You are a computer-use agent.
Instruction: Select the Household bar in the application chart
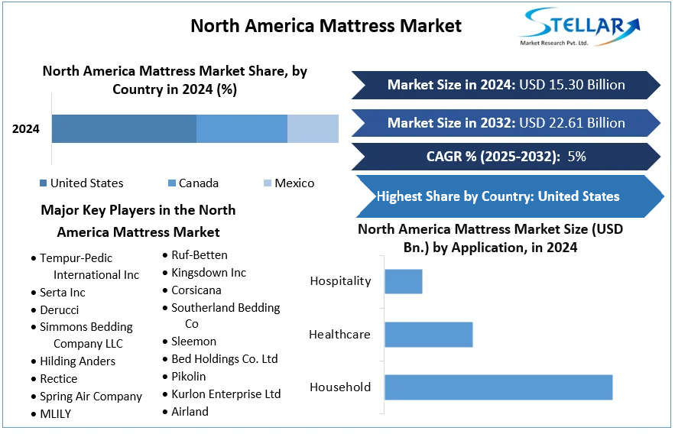click(498, 387)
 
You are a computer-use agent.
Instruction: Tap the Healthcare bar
click(428, 334)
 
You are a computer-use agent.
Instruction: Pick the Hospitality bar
click(403, 281)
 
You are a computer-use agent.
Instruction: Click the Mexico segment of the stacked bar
click(313, 128)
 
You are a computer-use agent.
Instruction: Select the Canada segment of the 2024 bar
click(242, 128)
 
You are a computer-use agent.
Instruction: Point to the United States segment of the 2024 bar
click(124, 128)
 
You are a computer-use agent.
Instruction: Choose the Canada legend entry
click(193, 183)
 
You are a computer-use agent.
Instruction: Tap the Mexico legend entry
click(289, 183)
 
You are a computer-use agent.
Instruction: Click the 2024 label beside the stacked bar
click(26, 128)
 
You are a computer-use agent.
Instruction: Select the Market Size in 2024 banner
click(505, 85)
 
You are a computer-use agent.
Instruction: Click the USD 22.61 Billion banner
click(505, 123)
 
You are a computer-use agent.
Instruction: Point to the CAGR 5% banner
click(505, 157)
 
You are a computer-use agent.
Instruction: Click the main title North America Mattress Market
click(326, 25)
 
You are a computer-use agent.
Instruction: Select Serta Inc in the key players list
click(62, 293)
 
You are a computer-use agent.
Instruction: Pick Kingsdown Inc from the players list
click(208, 273)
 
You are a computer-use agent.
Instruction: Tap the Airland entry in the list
click(190, 412)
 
